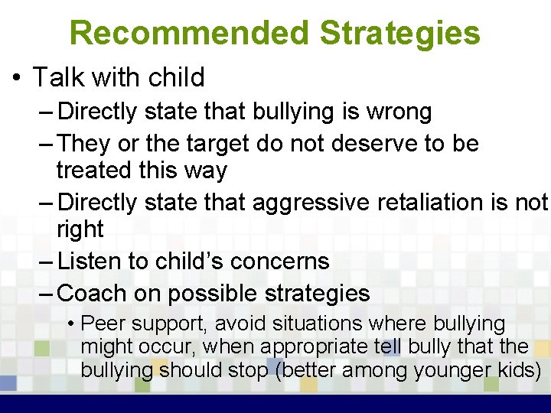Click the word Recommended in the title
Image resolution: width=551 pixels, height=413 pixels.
pos(190,33)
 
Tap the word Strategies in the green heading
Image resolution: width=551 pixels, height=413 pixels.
pos(399,33)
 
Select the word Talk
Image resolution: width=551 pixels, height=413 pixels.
pos(58,77)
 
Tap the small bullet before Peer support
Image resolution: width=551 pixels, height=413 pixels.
pos(70,324)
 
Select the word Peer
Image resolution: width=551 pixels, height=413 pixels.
pos(98,324)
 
